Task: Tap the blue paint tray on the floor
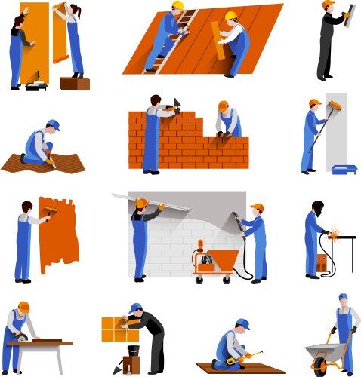pyautogui.click(x=344, y=169)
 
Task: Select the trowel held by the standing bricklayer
pyautogui.click(x=176, y=104)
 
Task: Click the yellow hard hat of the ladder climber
pyautogui.click(x=177, y=6)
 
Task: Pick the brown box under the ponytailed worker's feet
pyautogui.click(x=74, y=82)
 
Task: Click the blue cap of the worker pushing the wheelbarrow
pyautogui.click(x=343, y=297)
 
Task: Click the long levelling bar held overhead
pyautogui.click(x=151, y=201)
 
